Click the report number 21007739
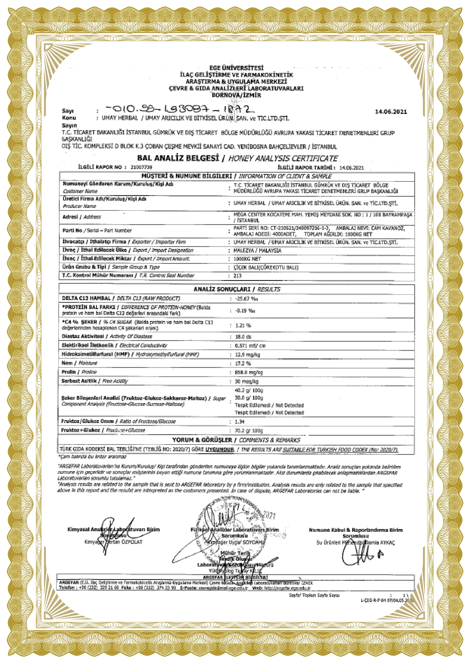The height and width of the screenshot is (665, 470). pyautogui.click(x=141, y=167)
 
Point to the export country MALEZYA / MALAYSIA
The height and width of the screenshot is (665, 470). pyautogui.click(x=257, y=250)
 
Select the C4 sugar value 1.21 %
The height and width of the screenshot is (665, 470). pyautogui.click(x=243, y=325)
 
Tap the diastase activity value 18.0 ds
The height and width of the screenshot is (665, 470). pyautogui.click(x=243, y=337)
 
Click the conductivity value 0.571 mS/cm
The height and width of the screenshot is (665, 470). pyautogui.click(x=250, y=346)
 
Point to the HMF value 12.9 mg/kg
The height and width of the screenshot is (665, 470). pyautogui.click(x=247, y=355)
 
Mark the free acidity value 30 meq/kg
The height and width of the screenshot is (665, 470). pyautogui.click(x=246, y=381)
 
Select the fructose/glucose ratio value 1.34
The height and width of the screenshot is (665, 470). pyautogui.click(x=239, y=422)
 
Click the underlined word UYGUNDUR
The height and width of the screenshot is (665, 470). pyautogui.click(x=219, y=449)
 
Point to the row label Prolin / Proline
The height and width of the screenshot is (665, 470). pyautogui.click(x=79, y=372)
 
